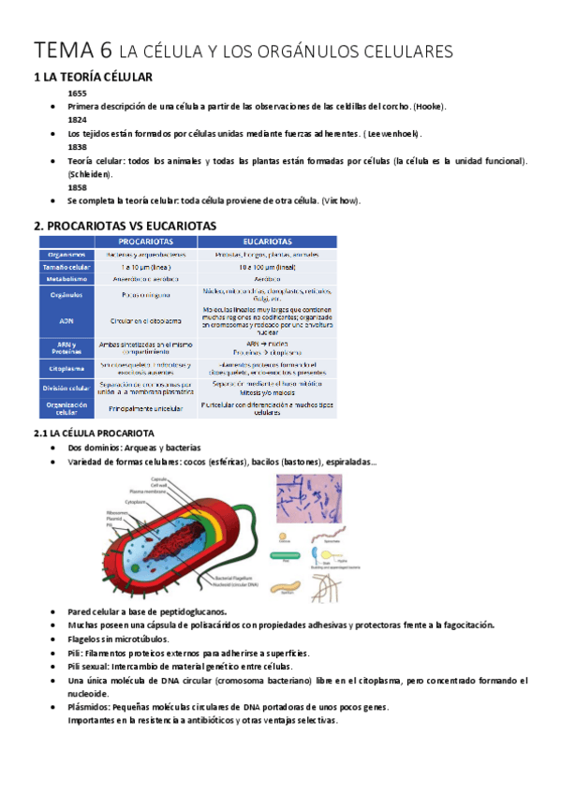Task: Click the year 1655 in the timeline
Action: click(x=77, y=95)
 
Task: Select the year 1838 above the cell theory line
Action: click(x=77, y=148)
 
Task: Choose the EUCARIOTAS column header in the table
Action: click(x=266, y=241)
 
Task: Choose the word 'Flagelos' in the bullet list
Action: click(x=85, y=640)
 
